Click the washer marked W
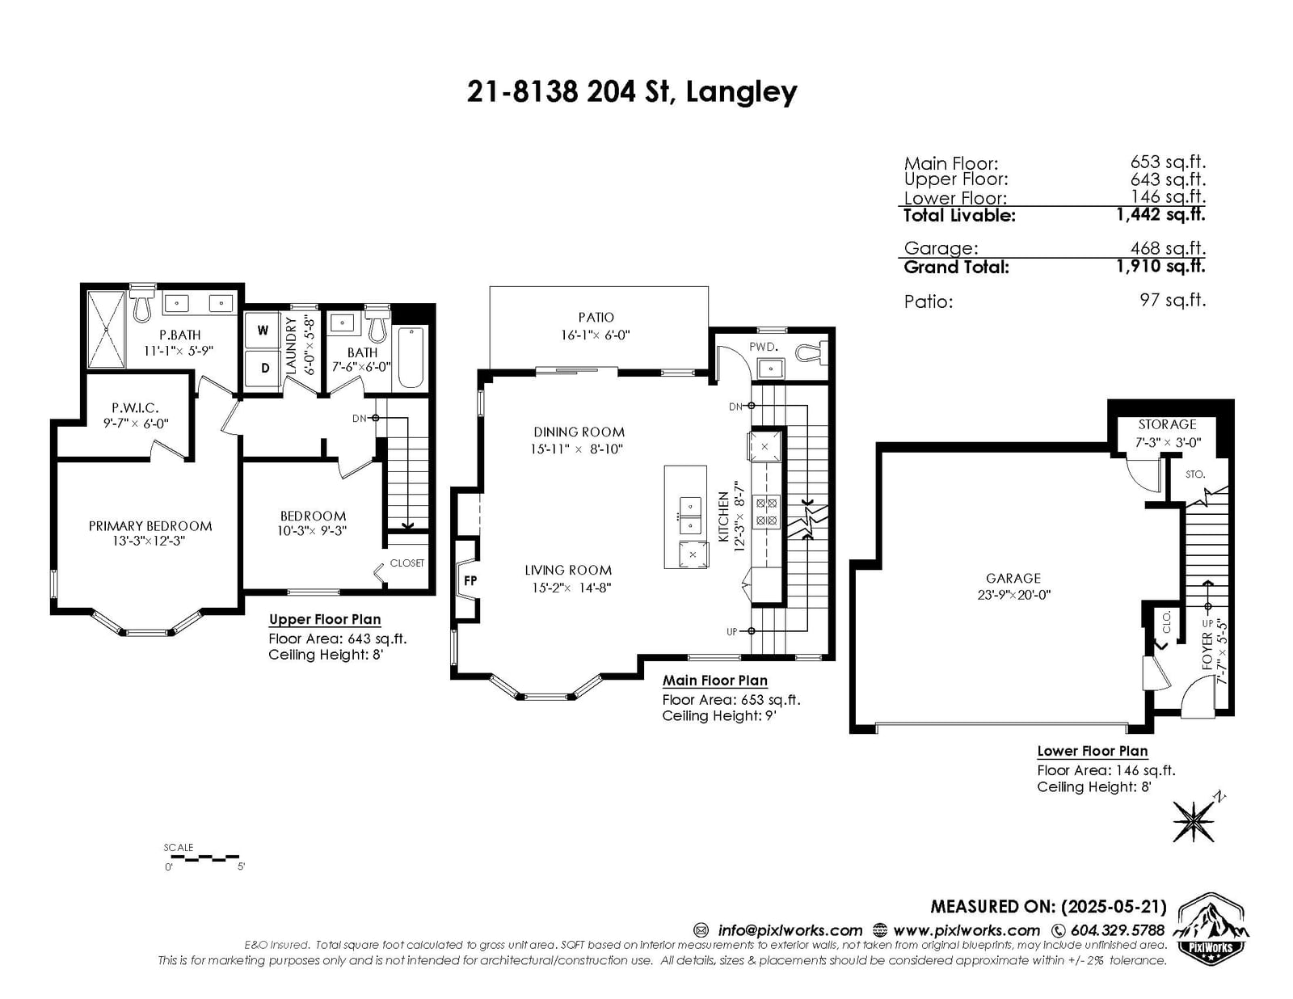(263, 331)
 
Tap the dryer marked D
(263, 369)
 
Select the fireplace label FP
(470, 580)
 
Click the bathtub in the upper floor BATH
(411, 357)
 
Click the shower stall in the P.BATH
(107, 330)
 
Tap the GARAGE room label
(1013, 578)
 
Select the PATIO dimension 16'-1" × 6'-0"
(595, 335)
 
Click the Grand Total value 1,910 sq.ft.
(1161, 266)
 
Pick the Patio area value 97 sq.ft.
(1173, 300)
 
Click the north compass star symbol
(1193, 820)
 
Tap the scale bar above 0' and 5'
(202, 858)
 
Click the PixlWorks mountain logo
(1211, 929)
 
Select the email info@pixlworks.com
(790, 930)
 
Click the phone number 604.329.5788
(1118, 930)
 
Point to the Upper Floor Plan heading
(325, 619)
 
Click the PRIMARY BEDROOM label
(150, 526)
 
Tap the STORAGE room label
(1167, 424)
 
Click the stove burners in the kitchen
(766, 512)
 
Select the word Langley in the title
(741, 93)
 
